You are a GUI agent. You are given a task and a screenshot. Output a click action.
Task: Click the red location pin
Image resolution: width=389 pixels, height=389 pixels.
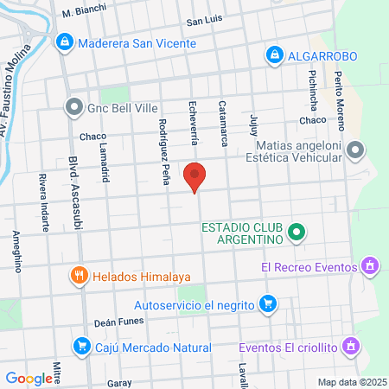(x=195, y=175)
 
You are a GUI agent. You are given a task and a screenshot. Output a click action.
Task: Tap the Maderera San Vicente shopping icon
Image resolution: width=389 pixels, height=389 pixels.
(x=64, y=41)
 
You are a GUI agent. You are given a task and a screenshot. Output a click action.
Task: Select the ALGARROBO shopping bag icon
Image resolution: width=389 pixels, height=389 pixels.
(x=275, y=54)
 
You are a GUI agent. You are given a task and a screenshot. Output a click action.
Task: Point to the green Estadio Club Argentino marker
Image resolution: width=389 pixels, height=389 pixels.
(x=297, y=232)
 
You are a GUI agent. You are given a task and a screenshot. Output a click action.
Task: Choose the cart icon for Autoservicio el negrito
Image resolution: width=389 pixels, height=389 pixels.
(x=269, y=303)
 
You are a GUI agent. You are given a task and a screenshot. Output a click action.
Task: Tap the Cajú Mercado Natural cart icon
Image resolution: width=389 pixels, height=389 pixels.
(x=82, y=346)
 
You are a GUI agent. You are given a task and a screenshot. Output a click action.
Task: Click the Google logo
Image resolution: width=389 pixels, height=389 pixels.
(x=29, y=378)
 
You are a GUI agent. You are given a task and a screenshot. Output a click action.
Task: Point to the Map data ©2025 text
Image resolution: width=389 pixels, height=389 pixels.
(x=350, y=381)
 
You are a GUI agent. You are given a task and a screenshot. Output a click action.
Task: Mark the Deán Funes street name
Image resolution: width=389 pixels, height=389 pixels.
(x=116, y=322)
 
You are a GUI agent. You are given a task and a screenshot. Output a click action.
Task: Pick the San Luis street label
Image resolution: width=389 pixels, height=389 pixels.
(x=205, y=20)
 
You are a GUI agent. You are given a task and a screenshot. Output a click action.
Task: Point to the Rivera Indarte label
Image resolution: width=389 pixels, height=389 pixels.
(x=42, y=202)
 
